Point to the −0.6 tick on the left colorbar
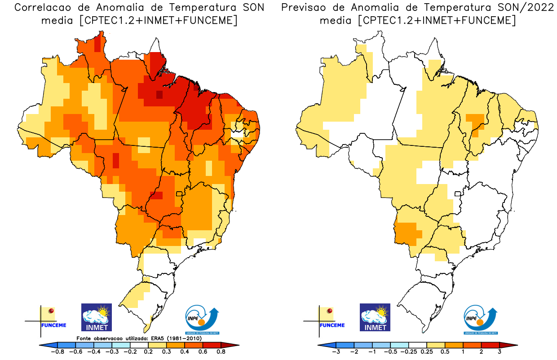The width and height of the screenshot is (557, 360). pos(78,352)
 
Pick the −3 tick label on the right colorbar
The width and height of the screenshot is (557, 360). pos(336,352)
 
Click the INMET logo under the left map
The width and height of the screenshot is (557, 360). pos(96,317)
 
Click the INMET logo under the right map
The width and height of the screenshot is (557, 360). pos(375,317)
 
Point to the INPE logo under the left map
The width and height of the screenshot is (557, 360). pos(202,320)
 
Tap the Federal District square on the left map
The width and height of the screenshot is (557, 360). pos(179,194)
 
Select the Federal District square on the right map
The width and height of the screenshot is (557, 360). pos(458,194)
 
